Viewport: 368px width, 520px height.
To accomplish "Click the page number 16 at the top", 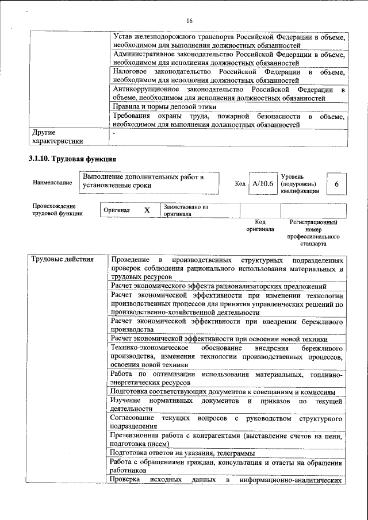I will [x=189, y=21].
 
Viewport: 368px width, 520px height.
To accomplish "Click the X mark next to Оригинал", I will [x=147, y=210].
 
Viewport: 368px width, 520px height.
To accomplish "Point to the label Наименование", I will [x=52, y=183].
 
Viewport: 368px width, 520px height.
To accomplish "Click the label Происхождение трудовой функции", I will [x=57, y=209].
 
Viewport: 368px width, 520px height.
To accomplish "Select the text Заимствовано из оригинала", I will [x=186, y=210].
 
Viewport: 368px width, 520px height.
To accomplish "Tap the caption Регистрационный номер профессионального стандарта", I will [x=313, y=232].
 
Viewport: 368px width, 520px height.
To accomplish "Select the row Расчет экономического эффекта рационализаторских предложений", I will [x=219, y=286].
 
